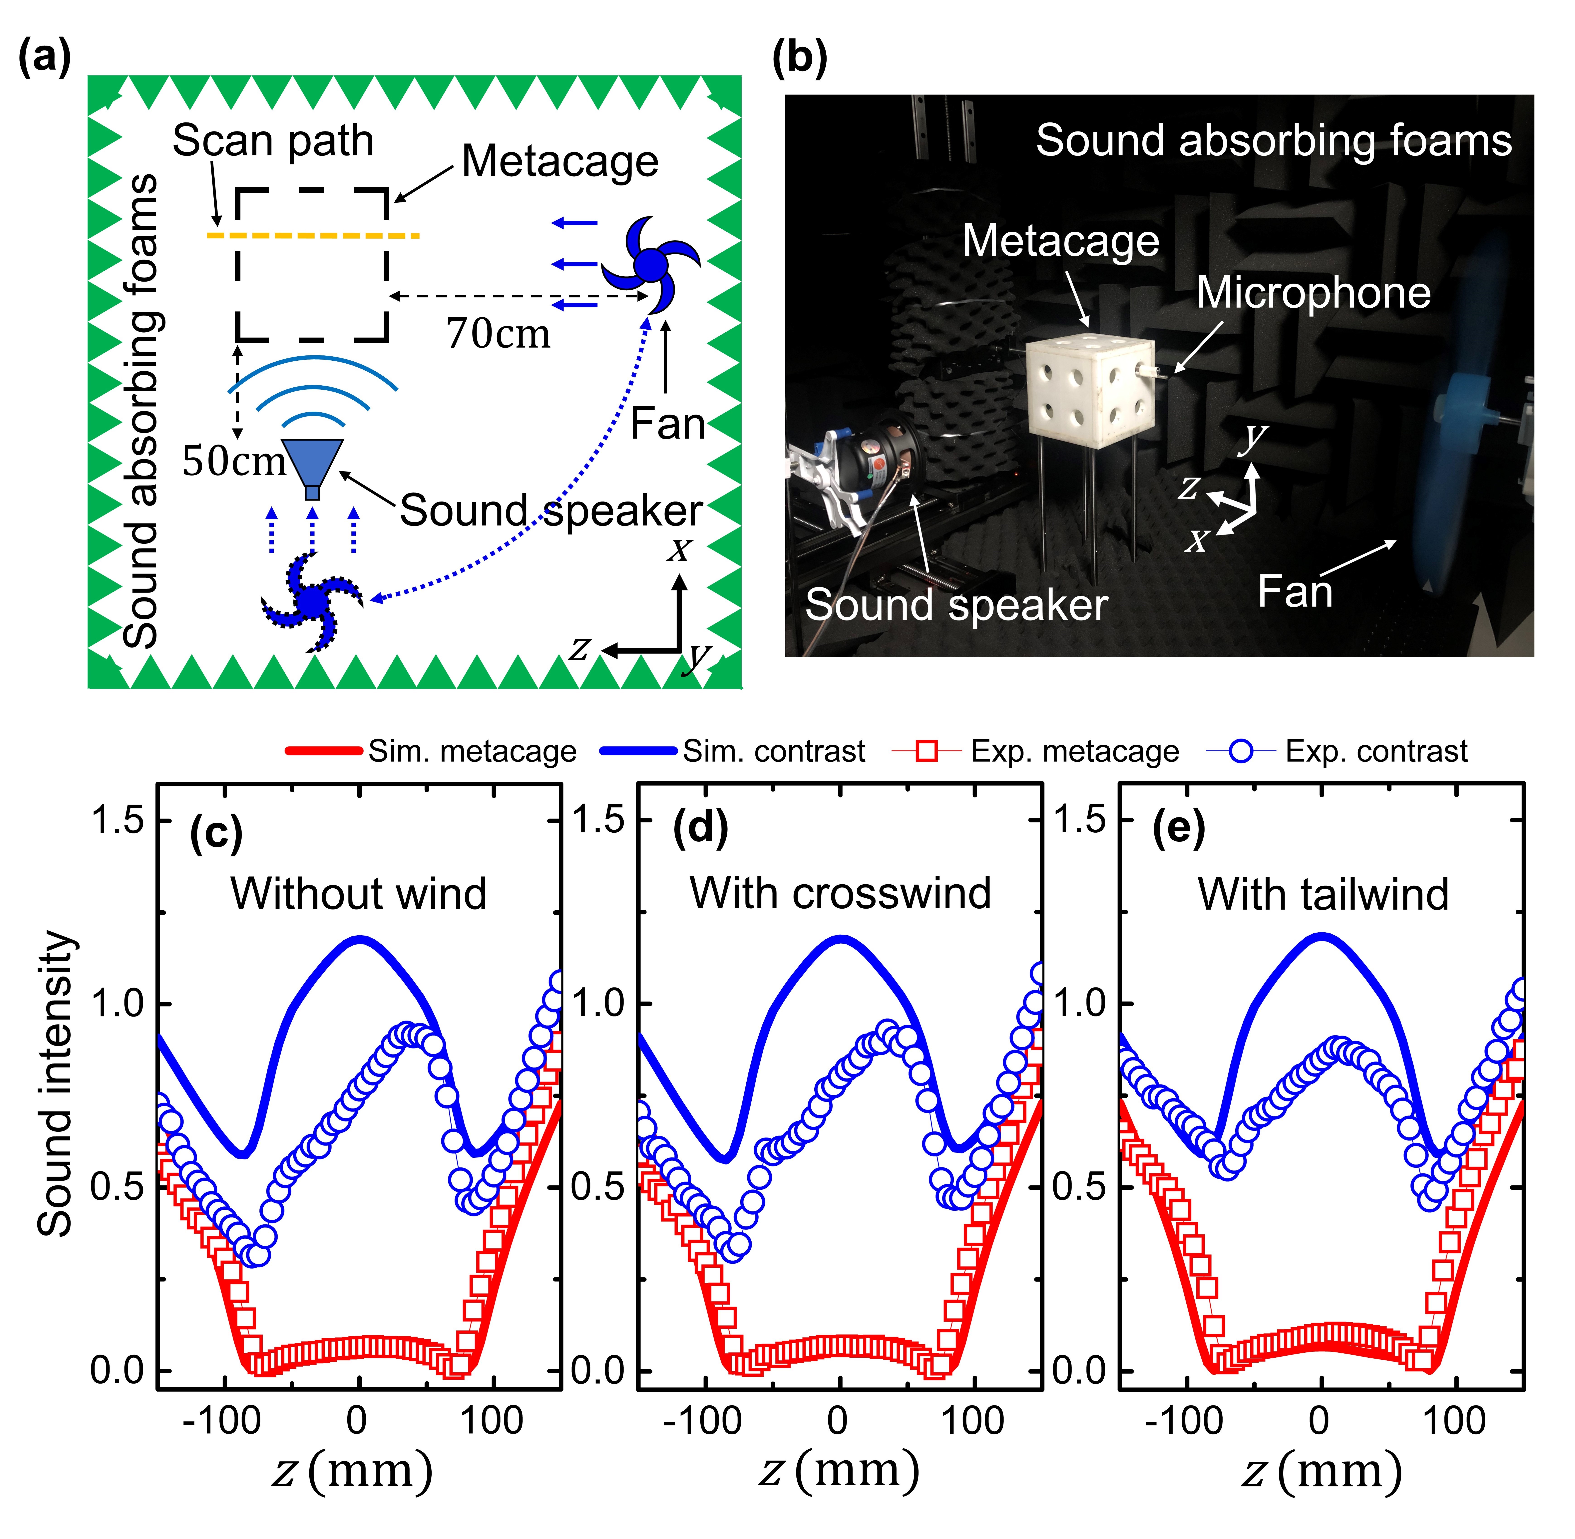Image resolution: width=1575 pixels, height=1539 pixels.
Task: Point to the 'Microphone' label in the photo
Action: click(1313, 293)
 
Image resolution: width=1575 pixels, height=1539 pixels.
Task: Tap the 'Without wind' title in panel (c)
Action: click(359, 894)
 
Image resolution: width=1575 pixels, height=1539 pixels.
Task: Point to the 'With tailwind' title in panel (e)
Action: click(1323, 894)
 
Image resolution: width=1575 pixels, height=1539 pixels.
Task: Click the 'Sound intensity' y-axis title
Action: click(57, 1083)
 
